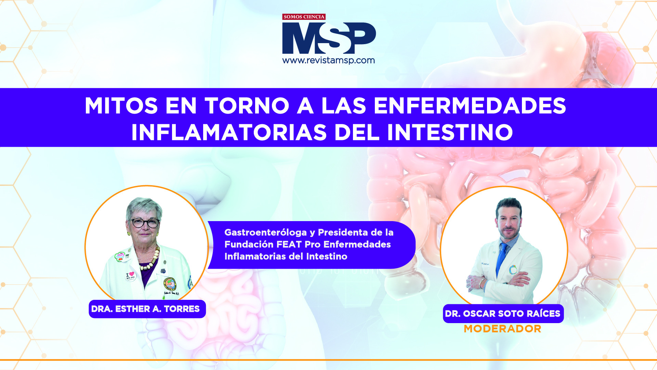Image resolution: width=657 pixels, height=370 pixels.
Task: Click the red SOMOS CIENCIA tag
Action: pyautogui.click(x=304, y=17)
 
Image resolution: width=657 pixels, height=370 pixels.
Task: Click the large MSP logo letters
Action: pyautogui.click(x=329, y=38)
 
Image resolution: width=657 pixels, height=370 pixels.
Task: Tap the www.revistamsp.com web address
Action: pyautogui.click(x=328, y=61)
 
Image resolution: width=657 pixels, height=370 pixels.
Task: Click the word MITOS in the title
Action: pyautogui.click(x=121, y=106)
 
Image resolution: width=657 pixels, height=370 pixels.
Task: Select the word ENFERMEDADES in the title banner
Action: pyautogui.click(x=470, y=106)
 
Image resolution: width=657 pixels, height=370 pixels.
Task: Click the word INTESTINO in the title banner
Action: pyautogui.click(x=450, y=132)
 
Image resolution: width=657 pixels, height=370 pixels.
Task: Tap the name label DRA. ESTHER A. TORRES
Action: pyautogui.click(x=147, y=309)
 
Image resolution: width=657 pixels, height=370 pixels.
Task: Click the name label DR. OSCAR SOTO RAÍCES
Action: pyautogui.click(x=503, y=314)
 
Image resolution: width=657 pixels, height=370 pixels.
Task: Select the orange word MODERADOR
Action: pyautogui.click(x=502, y=329)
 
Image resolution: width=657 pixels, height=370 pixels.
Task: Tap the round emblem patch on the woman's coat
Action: pyautogui.click(x=170, y=284)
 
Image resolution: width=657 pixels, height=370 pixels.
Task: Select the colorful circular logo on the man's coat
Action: pyautogui.click(x=513, y=270)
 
